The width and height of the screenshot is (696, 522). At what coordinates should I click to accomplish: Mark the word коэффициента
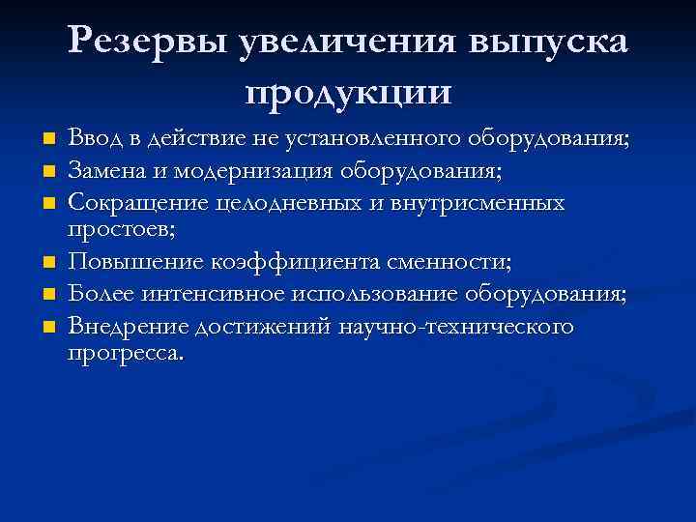click(x=286, y=262)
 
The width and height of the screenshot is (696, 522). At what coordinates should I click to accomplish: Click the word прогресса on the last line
click(x=124, y=353)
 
